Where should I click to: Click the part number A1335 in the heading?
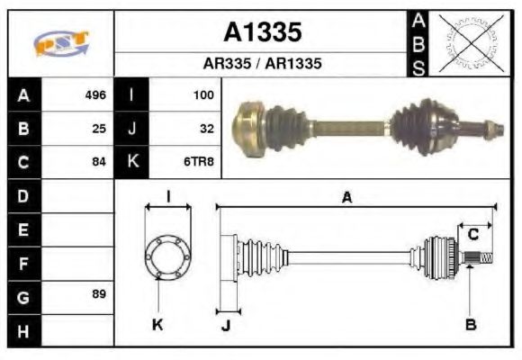pos(263,33)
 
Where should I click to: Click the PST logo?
pos(60,43)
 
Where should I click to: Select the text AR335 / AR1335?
pos(263,65)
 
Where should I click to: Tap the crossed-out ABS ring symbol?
pos(469,42)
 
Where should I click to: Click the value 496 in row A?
pos(95,94)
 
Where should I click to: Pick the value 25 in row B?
pos(99,129)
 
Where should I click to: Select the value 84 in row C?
pos(99,162)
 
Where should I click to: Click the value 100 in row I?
pos(202,94)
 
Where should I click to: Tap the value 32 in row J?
pos(206,129)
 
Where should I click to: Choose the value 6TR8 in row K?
pos(199,162)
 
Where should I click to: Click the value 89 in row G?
pos(99,295)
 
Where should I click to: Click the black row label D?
pos(23,195)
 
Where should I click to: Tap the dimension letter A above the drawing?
pos(346,198)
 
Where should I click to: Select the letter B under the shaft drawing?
pos(470,324)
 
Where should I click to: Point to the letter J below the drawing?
pos(225,325)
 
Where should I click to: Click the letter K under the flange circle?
pos(157,324)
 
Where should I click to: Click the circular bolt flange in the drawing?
pos(167,258)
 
